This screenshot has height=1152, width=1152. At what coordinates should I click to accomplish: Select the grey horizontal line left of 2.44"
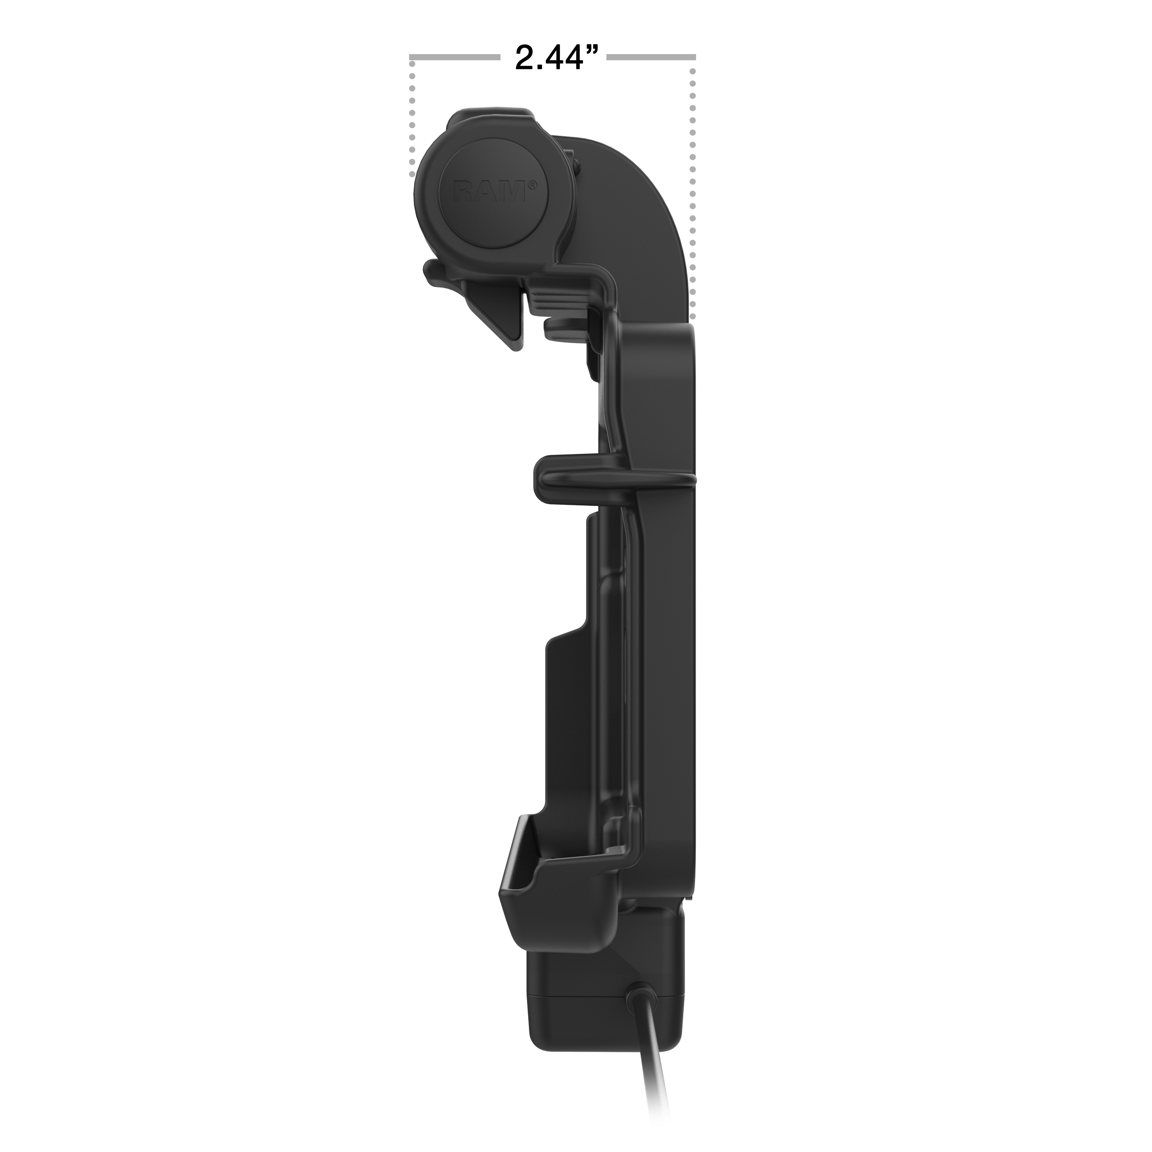(454, 57)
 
